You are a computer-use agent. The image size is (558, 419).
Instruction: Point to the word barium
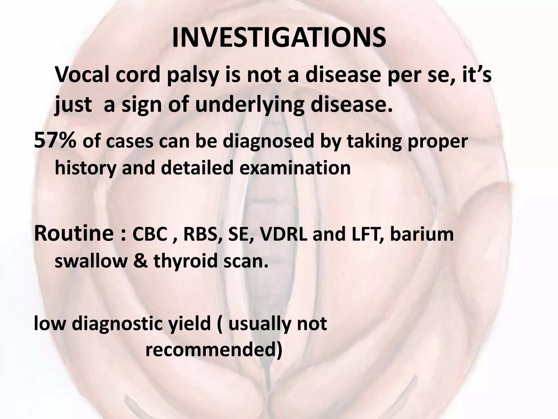click(x=422, y=235)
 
